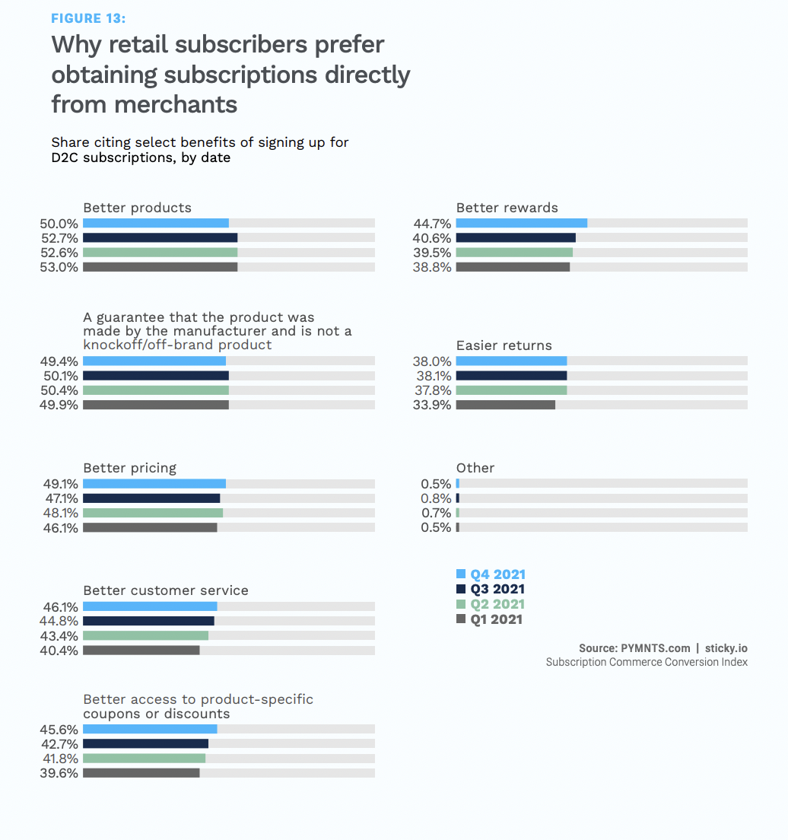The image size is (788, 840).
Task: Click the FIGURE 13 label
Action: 88,18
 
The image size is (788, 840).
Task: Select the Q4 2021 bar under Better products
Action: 156,223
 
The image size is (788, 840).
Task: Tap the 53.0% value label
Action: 59,267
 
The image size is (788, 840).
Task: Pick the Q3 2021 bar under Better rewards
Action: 516,237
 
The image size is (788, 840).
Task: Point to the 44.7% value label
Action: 432,224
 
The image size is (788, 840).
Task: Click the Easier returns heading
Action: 504,345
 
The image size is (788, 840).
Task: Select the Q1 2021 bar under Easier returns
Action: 505,405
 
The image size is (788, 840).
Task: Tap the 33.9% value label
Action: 432,405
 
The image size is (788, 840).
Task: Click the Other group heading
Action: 475,468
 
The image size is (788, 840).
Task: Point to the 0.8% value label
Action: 436,498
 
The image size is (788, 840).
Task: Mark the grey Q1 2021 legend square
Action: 460,619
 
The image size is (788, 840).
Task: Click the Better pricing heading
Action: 129,468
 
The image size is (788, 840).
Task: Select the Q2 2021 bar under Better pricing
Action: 153,513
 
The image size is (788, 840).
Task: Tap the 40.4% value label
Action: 59,651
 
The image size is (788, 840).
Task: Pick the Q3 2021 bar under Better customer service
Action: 148,621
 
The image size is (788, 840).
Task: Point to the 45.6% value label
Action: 59,729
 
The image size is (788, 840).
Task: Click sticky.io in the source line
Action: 726,648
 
